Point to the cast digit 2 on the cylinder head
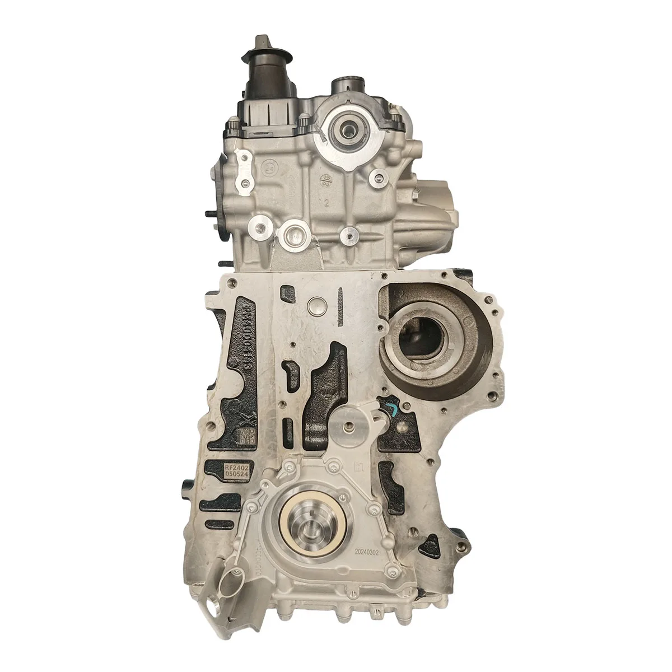[x=326, y=202]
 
